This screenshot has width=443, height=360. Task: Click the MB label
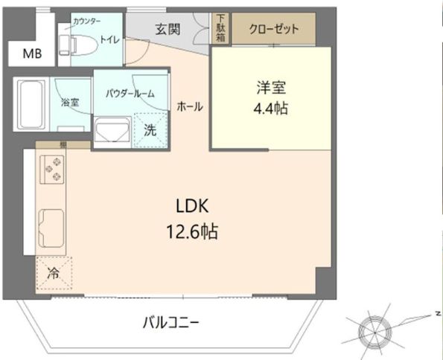point(31,53)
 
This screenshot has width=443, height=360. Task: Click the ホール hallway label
point(190,107)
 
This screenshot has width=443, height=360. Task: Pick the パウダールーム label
point(130,93)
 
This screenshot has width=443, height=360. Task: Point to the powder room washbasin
point(112,132)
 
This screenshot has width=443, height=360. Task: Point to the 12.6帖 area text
point(192,232)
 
